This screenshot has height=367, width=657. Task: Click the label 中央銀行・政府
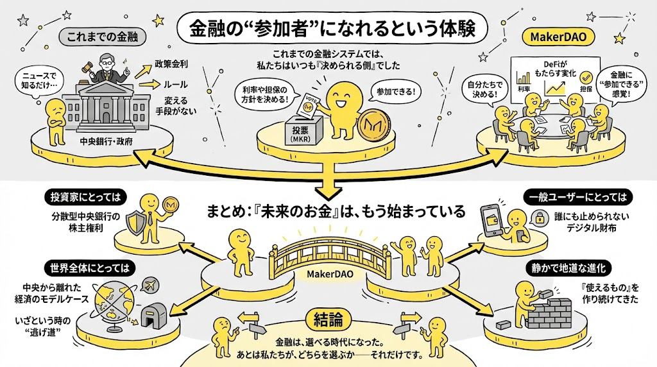pyautogui.click(x=106, y=142)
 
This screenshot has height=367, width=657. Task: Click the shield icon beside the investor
pyautogui.click(x=137, y=223)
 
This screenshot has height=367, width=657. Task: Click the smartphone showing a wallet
pyautogui.click(x=493, y=221)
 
